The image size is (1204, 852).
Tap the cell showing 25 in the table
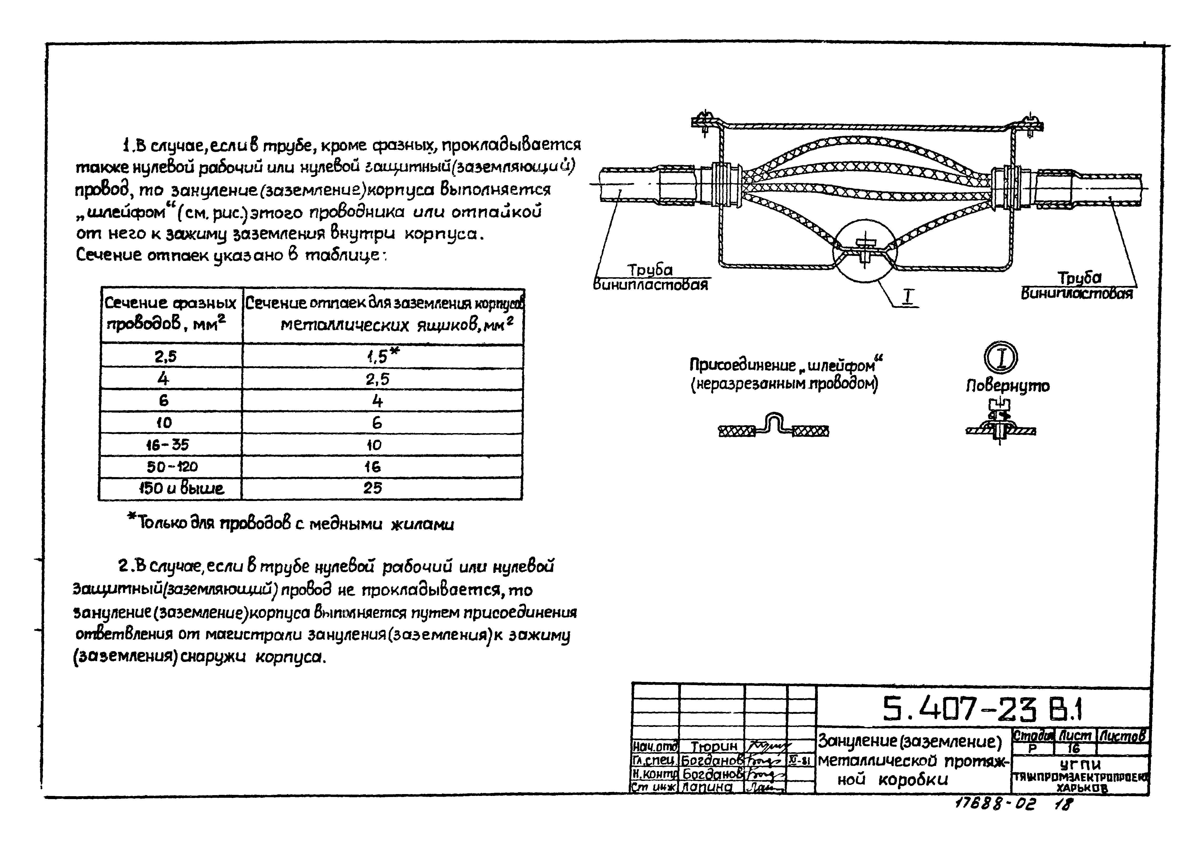click(x=373, y=488)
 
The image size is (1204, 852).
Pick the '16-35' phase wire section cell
click(x=168, y=445)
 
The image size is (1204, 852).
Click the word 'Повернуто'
click(x=1007, y=386)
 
